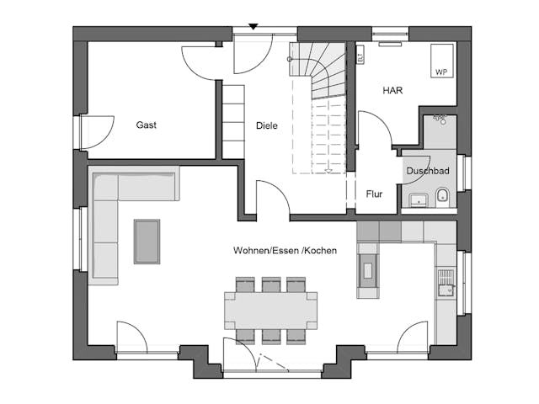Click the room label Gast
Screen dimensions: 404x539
(x=147, y=125)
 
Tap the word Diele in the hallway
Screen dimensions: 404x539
(x=266, y=125)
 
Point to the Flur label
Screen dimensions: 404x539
(x=374, y=194)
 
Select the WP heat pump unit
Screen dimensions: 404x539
(x=440, y=61)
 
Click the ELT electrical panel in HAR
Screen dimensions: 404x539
(x=360, y=56)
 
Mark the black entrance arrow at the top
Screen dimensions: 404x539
(x=253, y=28)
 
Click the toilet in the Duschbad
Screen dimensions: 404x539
(x=443, y=198)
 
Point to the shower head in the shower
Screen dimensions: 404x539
(x=438, y=120)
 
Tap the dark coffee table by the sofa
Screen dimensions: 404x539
(x=147, y=242)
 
